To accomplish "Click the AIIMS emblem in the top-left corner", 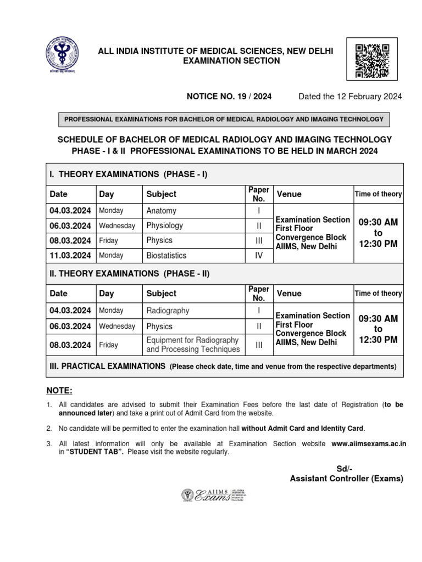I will [60, 55].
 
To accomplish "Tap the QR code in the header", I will [373, 60].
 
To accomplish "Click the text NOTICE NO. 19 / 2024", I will [229, 97].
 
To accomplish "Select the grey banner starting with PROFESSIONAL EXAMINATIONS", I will [224, 119].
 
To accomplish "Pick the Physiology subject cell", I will [165, 226].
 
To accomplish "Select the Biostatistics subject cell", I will [166, 255].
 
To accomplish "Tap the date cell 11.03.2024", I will [70, 255].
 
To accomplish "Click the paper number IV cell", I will [258, 255].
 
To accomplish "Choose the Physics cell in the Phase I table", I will [159, 240].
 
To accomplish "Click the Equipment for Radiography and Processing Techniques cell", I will [193, 345].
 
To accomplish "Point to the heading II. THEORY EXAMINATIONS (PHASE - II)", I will [130, 273].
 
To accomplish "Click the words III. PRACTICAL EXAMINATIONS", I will [108, 366].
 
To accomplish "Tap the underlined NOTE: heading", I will [59, 391].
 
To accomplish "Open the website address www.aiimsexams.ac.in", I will [369, 444].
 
